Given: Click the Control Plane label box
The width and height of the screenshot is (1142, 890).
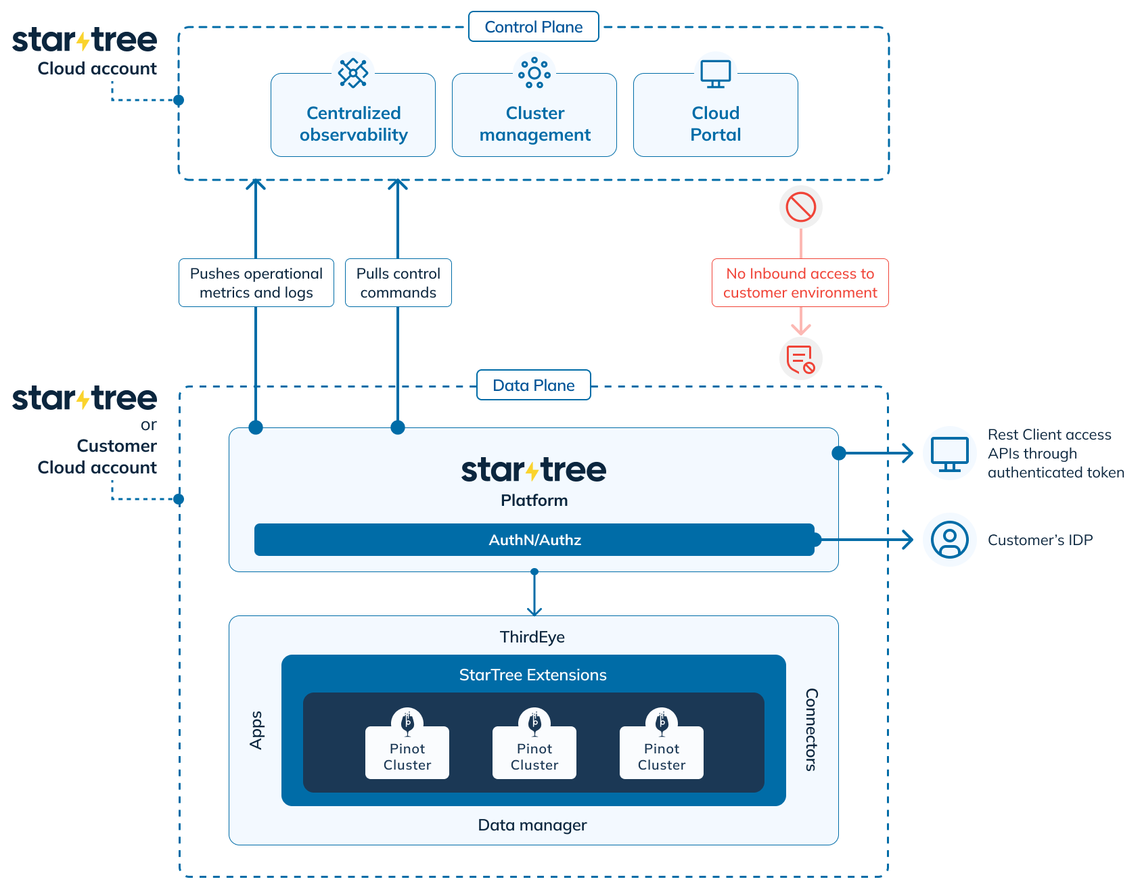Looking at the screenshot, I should pyautogui.click(x=533, y=27).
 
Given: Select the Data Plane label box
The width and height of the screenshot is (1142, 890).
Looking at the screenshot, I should pyautogui.click(x=533, y=385).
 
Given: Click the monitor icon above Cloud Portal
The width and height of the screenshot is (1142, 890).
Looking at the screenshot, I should pyautogui.click(x=715, y=73).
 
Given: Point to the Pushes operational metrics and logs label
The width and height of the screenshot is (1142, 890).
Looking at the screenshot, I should pyautogui.click(x=256, y=283).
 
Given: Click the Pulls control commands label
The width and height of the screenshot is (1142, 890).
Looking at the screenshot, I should pyautogui.click(x=398, y=283).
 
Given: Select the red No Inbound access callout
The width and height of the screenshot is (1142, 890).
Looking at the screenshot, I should pyautogui.click(x=800, y=283).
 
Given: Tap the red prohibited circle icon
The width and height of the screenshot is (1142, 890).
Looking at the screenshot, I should pyautogui.click(x=800, y=207).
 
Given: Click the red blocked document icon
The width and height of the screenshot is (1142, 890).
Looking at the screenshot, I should pyautogui.click(x=800, y=358).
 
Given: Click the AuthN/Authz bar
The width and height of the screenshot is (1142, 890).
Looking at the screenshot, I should pyautogui.click(x=534, y=540).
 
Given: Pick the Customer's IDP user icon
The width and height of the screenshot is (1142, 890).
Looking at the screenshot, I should pyautogui.click(x=949, y=540).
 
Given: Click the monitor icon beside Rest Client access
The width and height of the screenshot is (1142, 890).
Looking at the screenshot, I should pyautogui.click(x=949, y=453).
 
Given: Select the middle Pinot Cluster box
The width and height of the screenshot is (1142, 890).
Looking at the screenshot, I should pyautogui.click(x=534, y=752).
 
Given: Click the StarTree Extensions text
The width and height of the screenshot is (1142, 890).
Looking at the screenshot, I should pyautogui.click(x=532, y=675).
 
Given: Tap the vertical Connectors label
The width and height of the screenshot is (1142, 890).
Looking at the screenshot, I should pyautogui.click(x=811, y=730).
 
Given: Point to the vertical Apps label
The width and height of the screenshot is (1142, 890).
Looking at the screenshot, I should pyautogui.click(x=256, y=730).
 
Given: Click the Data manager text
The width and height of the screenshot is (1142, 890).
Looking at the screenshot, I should pyautogui.click(x=532, y=825).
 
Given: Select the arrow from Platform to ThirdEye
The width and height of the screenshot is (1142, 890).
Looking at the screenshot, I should pyautogui.click(x=534, y=594).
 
